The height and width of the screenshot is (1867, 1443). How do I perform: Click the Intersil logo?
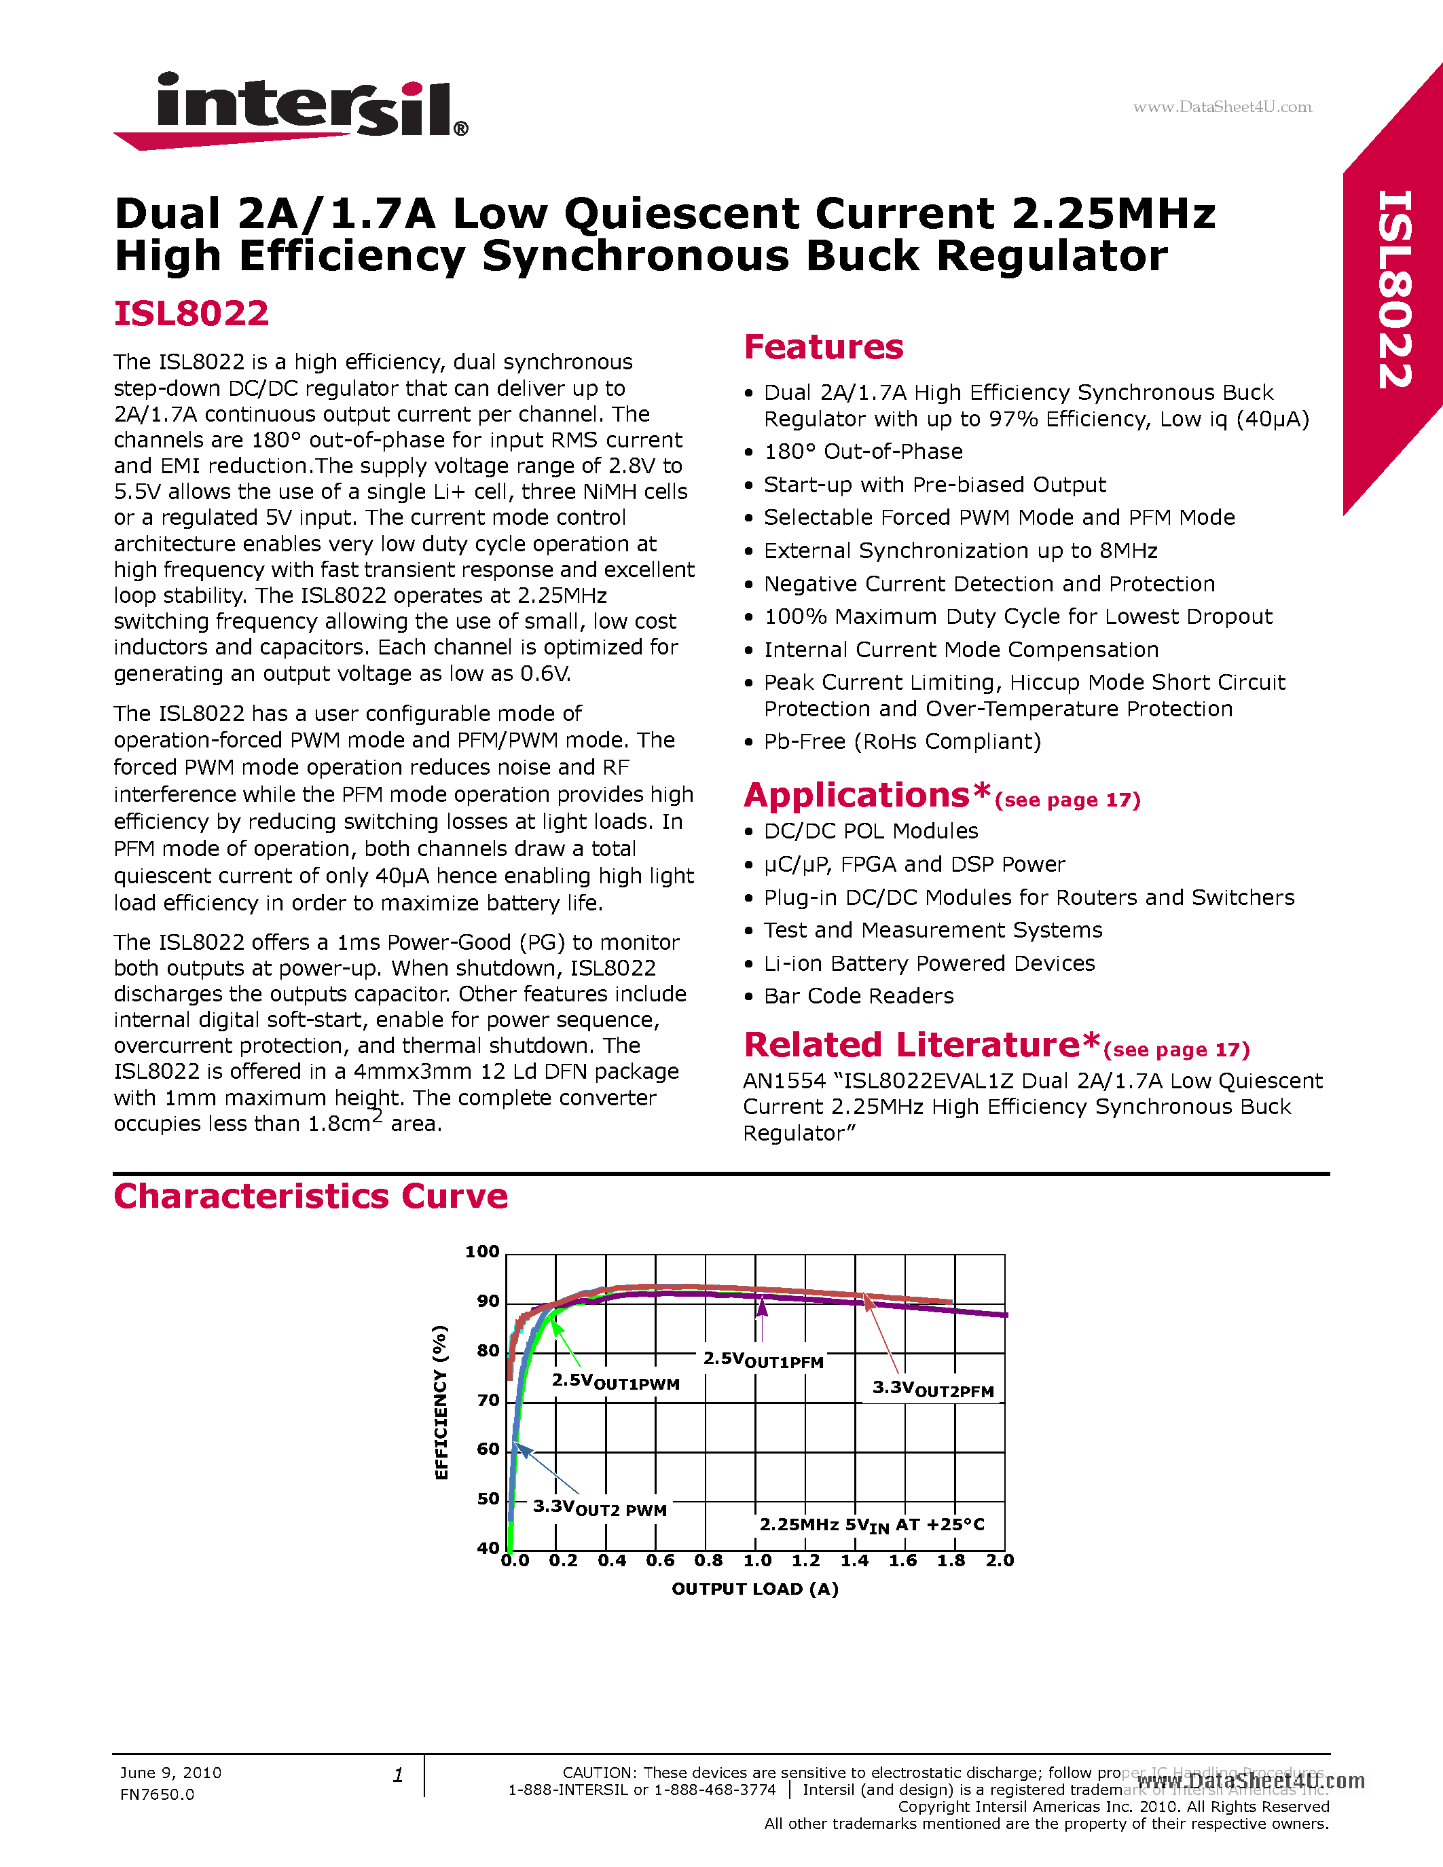pos(291,109)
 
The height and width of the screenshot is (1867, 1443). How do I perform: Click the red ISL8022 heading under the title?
pos(191,313)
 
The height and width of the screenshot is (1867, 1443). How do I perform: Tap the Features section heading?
pos(823,347)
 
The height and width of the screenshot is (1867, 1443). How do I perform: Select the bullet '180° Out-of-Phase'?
pos(862,451)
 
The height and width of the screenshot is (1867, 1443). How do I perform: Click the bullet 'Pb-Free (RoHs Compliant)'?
pos(902,741)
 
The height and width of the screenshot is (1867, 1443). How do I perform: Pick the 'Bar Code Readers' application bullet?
pos(858,996)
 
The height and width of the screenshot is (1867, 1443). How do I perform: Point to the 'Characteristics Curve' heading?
pos(310,1196)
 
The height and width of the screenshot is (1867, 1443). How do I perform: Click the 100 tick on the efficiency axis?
pos(482,1251)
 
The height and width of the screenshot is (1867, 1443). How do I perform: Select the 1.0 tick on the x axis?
pos(757,1560)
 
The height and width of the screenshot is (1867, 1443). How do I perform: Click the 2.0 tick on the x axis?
pos(1000,1560)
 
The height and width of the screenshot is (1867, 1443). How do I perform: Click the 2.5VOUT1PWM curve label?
pos(615,1382)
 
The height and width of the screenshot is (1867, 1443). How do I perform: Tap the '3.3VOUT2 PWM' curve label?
pos(599,1507)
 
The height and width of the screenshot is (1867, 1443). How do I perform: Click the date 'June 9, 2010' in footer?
pos(170,1772)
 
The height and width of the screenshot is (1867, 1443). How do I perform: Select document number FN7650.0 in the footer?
pos(158,1794)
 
